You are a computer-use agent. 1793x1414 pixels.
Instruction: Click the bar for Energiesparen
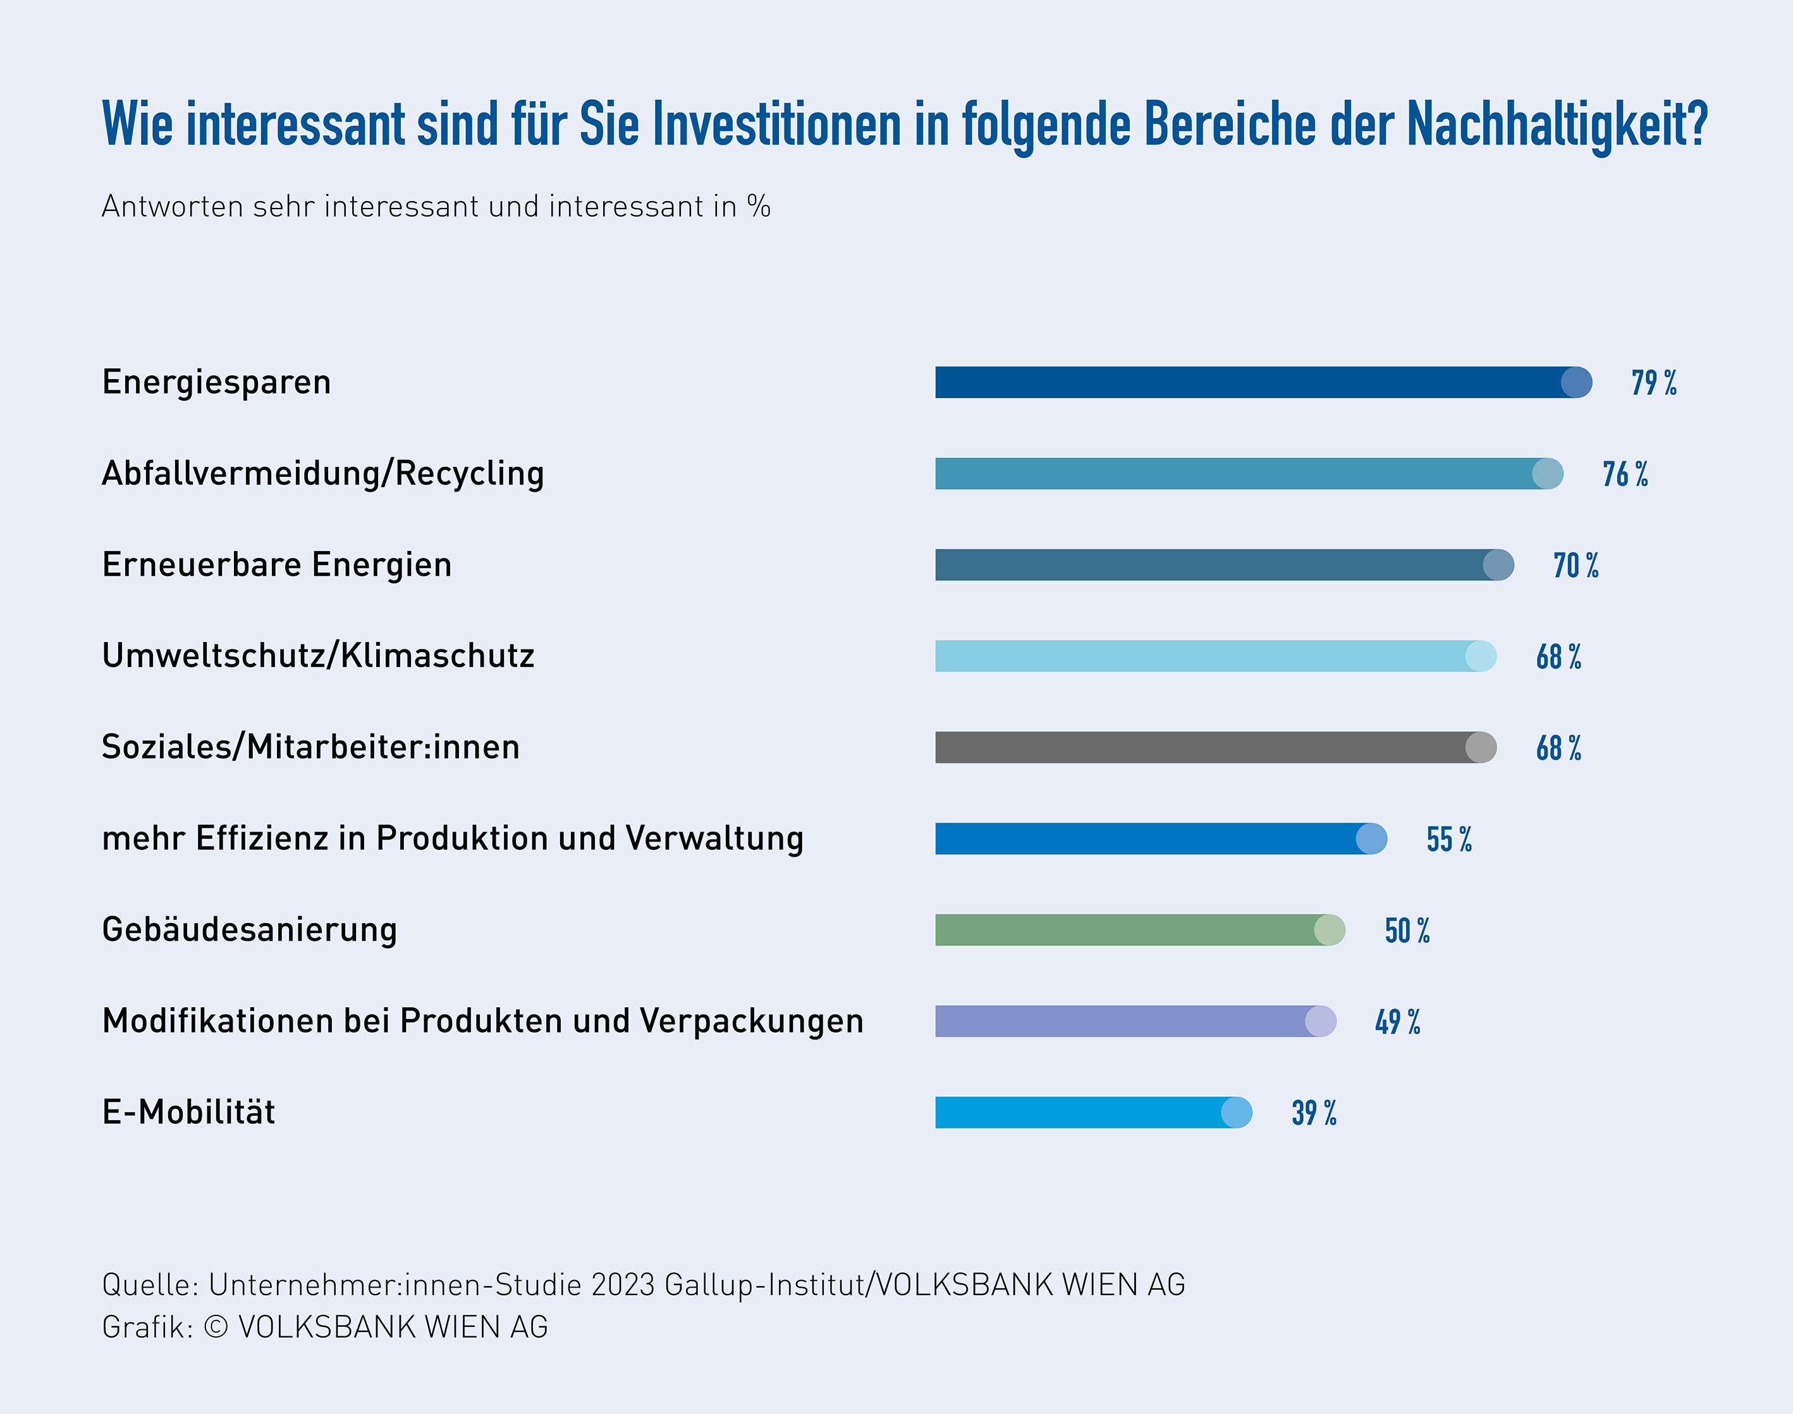[x=1259, y=382]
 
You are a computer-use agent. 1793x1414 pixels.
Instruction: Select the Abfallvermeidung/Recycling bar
[x=1242, y=473]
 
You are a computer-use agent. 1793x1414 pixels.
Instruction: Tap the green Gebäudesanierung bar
[x=1135, y=929]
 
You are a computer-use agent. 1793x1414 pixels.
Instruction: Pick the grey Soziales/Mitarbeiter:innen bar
[x=1209, y=747]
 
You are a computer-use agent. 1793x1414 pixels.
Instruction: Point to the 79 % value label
[x=1654, y=384]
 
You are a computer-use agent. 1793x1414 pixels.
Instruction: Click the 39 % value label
[x=1314, y=1113]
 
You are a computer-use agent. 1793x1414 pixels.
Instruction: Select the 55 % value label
[x=1449, y=840]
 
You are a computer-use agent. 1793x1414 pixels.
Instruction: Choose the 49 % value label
[x=1398, y=1022]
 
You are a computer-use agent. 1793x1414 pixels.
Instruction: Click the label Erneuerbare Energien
[x=277, y=565]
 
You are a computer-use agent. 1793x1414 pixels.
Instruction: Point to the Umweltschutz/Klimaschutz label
[x=318, y=656]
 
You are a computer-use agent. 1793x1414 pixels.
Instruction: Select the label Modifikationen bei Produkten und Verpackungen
[x=482, y=1021]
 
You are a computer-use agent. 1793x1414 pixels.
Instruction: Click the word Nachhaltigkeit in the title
[x=1557, y=124]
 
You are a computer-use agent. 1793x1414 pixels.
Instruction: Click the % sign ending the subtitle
[x=759, y=206]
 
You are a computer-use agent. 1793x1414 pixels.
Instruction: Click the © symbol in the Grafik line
[x=216, y=1327]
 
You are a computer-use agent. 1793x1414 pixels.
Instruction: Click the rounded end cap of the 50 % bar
[x=1329, y=929]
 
